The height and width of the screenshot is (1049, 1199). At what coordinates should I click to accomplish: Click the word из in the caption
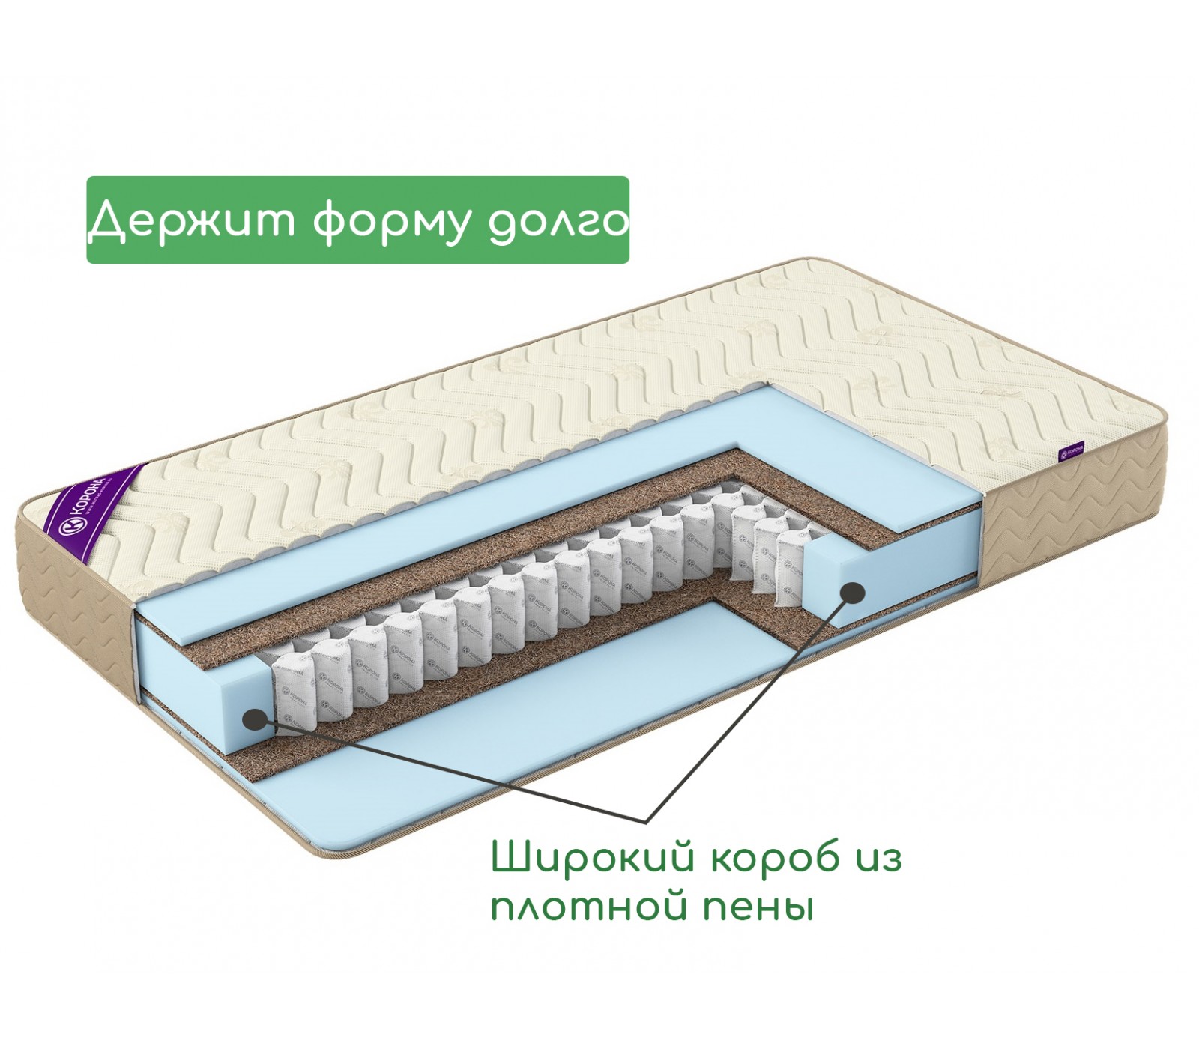pos(880,858)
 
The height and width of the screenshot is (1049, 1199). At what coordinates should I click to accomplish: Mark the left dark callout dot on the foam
pos(257,719)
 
